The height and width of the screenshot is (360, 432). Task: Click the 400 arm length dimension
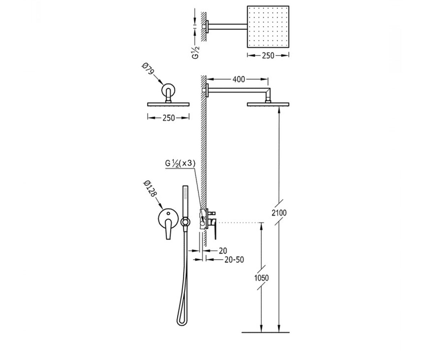pos(239,79)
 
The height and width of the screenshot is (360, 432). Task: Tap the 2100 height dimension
pos(279,213)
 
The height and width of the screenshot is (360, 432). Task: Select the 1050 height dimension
pos(261,278)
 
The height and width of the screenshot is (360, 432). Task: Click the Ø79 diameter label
pos(148,69)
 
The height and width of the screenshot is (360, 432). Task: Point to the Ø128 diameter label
pos(150,189)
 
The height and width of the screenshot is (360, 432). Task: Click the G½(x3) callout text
pos(180,163)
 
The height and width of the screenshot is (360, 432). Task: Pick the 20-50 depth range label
pos(234,260)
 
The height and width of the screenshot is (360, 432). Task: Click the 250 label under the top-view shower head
pos(268,55)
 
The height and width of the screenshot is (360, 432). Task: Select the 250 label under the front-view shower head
pos(168,118)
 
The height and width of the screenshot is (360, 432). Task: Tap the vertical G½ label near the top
pos(196,53)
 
